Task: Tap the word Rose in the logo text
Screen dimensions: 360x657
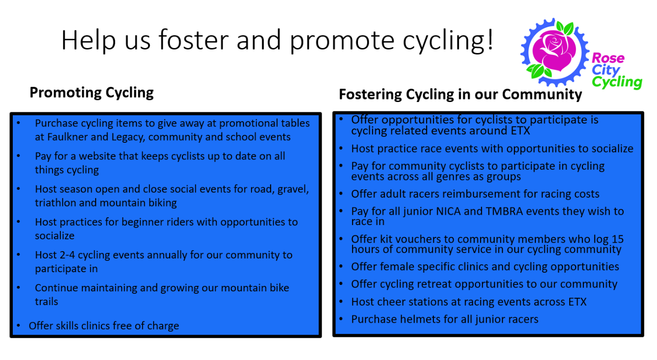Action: pos(608,58)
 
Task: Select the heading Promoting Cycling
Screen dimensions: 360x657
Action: pos(92,92)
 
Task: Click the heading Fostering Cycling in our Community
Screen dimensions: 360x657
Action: pos(460,94)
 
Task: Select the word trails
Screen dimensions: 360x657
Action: pos(47,302)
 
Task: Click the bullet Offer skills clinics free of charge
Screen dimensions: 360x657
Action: pos(104,326)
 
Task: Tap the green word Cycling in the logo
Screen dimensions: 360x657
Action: pos(617,82)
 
